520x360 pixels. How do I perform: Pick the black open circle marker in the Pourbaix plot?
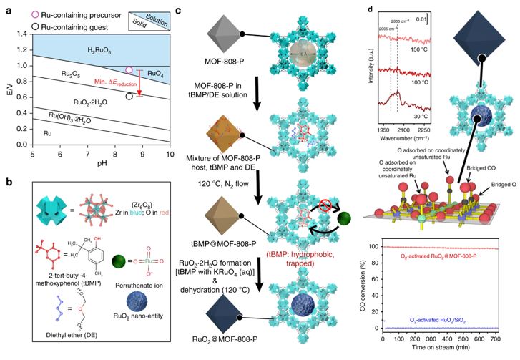[x=129, y=96]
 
